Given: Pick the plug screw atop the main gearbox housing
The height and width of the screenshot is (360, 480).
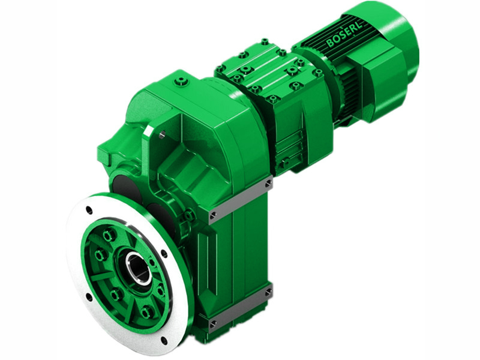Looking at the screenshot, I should tap(182, 79).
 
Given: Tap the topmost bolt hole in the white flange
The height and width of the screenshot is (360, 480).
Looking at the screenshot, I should tap(89, 210).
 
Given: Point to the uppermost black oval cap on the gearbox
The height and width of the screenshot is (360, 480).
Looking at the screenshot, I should tap(123, 184).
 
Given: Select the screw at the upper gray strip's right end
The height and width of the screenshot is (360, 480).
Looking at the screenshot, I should tap(268, 182).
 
